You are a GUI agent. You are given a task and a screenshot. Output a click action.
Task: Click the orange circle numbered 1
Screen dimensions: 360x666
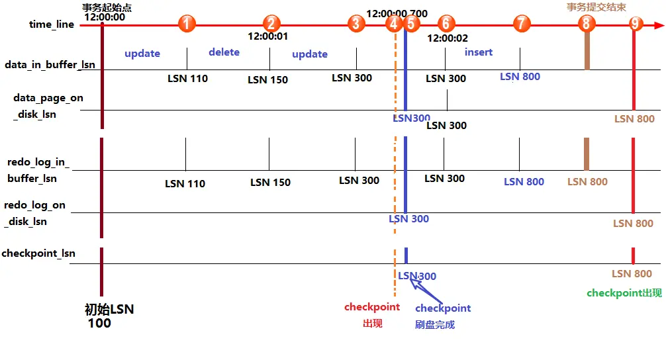pos(187,24)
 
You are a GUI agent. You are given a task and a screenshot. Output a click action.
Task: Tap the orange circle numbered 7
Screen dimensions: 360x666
pos(522,24)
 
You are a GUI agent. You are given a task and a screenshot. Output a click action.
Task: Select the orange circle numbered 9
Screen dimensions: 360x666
pos(636,24)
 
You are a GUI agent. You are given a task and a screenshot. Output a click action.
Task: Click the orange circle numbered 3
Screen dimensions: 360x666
pos(356,24)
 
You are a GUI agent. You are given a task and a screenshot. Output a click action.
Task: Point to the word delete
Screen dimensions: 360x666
pos(224,52)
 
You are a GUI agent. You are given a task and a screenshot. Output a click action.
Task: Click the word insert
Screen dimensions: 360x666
pos(479,52)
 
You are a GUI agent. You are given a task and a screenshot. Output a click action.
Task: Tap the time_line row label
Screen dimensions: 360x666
pos(52,24)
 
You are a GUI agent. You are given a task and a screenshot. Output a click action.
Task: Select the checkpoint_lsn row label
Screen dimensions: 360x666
pos(38,253)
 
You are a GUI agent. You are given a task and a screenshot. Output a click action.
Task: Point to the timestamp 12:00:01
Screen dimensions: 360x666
pos(268,36)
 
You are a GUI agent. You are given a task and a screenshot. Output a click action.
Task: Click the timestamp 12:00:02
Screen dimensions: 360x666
pos(448,38)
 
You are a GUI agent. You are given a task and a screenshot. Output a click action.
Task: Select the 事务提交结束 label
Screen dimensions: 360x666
pos(595,7)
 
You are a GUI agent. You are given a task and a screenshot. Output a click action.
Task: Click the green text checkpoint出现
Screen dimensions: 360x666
pos(624,293)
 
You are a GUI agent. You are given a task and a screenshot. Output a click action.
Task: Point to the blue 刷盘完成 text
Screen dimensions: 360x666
pos(435,324)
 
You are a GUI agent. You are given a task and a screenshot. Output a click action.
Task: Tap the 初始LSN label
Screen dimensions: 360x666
pos(109,309)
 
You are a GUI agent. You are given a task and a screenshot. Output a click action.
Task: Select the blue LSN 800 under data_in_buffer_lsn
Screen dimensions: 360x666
pos(520,77)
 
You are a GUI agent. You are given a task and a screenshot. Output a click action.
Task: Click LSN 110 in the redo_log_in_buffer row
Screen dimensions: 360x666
pos(185,183)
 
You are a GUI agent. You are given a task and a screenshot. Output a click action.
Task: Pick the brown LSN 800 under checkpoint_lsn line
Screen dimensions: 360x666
pos(632,273)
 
